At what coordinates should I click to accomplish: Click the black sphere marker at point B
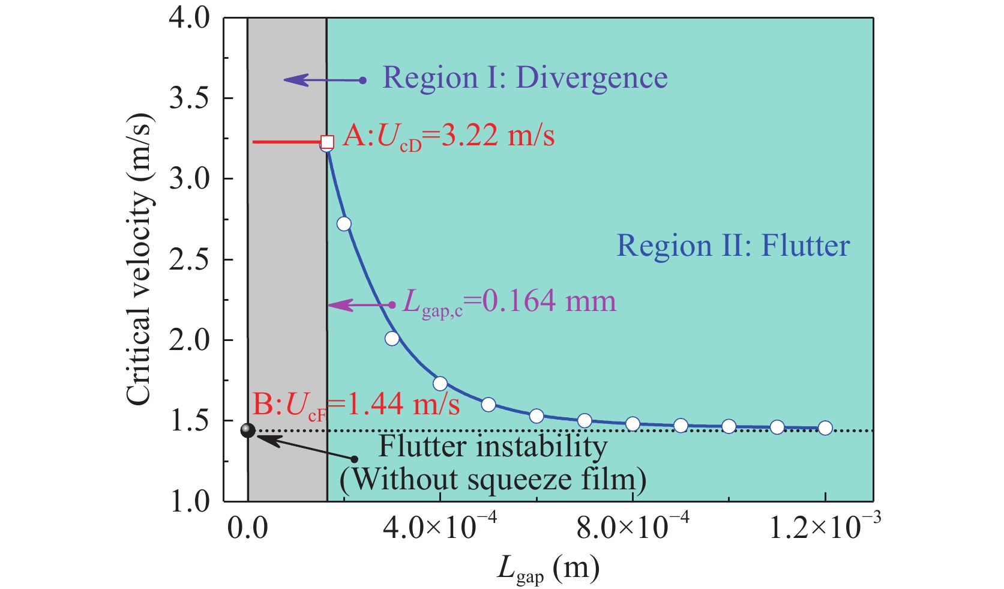[248, 430]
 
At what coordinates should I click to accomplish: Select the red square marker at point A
[327, 142]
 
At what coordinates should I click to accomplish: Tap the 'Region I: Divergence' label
[525, 78]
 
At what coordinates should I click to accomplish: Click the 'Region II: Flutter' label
[733, 246]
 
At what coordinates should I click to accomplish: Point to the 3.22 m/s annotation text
[449, 137]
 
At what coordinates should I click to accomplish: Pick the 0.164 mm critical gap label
[509, 302]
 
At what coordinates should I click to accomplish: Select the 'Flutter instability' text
[493, 447]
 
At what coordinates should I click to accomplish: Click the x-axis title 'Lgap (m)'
[548, 567]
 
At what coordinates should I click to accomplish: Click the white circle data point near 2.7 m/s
[344, 224]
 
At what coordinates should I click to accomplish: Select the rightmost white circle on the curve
[825, 428]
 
